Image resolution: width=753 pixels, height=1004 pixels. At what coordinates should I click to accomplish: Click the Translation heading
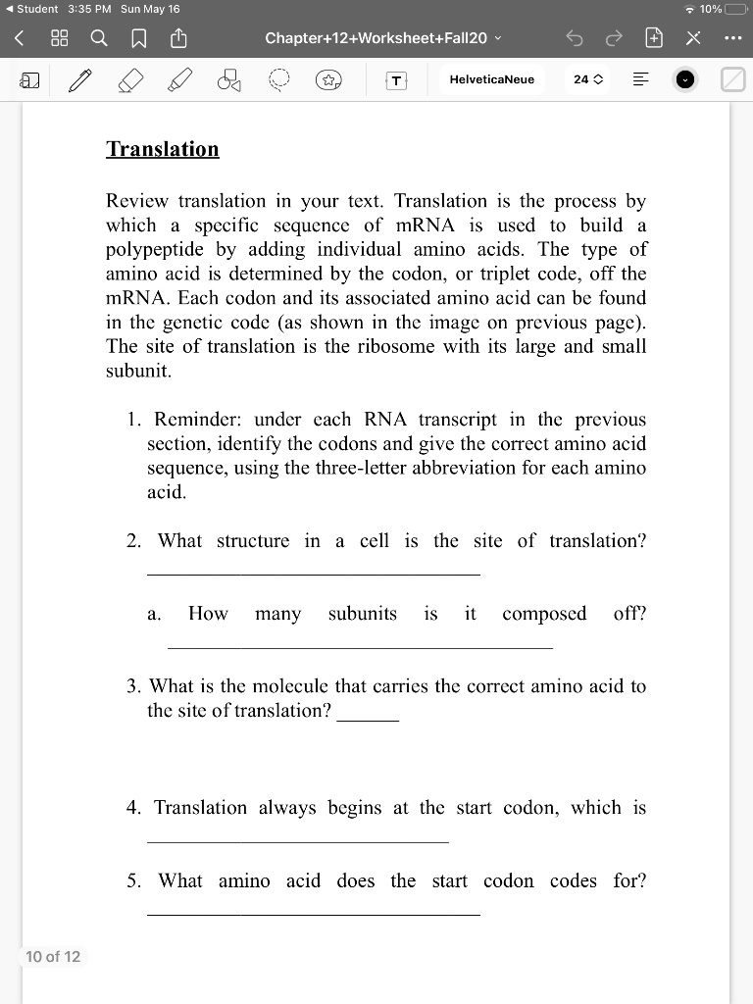(163, 149)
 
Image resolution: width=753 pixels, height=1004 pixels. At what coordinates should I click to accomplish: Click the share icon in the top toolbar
(178, 38)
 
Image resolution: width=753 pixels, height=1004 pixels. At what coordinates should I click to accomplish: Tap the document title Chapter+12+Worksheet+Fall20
(376, 38)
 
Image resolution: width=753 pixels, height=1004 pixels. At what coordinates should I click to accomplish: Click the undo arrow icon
(574, 38)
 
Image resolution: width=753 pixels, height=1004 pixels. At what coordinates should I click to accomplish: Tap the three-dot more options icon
(730, 38)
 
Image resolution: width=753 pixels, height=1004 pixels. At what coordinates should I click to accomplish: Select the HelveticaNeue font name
(492, 79)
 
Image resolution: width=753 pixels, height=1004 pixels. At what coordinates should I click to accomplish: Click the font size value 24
(581, 79)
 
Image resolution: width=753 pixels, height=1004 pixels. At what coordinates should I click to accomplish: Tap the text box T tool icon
(396, 80)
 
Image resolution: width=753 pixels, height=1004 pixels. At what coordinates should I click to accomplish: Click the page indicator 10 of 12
(53, 956)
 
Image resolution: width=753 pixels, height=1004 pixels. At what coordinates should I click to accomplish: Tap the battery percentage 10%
(710, 9)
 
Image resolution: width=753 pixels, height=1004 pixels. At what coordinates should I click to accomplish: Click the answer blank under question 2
(313, 573)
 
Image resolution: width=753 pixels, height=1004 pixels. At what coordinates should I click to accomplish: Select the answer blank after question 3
(368, 720)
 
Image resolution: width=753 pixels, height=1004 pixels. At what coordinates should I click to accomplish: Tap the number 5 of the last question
(132, 881)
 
